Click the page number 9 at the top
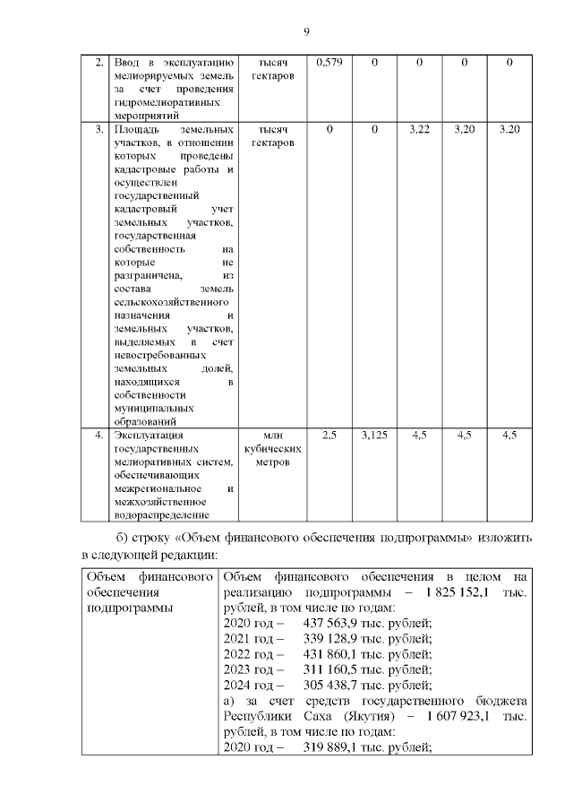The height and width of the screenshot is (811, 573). [x=306, y=32]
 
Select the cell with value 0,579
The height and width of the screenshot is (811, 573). [x=329, y=63]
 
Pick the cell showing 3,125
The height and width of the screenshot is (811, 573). [x=374, y=436]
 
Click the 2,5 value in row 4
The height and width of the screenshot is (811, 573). [x=329, y=436]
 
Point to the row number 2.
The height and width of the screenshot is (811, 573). [x=98, y=63]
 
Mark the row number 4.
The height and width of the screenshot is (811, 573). [x=98, y=436]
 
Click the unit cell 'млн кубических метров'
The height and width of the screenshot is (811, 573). [x=272, y=450]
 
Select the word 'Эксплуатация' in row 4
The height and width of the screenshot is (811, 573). [x=149, y=436]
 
